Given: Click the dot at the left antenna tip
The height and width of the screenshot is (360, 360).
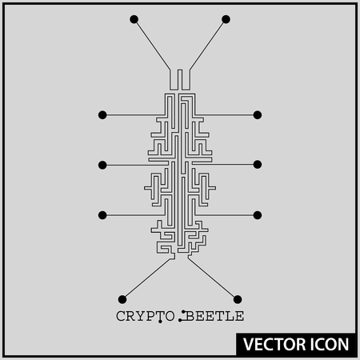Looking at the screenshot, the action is [x=134, y=19].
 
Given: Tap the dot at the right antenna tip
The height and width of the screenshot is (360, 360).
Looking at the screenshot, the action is [x=226, y=19].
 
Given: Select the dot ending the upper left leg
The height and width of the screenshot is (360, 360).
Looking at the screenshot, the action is [x=102, y=115].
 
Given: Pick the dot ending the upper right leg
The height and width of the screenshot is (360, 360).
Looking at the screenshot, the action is [x=258, y=115].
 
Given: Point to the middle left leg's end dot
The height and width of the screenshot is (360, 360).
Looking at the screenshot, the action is [x=102, y=165].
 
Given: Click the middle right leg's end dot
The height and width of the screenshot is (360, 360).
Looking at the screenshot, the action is [x=258, y=165].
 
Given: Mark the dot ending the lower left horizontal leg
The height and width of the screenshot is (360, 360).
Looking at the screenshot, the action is [x=102, y=215].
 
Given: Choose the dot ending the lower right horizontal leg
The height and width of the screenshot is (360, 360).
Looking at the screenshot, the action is [x=258, y=215].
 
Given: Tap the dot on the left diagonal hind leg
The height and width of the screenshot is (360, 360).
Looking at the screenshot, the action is [x=122, y=299].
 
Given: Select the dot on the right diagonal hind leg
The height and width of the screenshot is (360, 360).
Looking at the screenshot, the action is [x=238, y=299].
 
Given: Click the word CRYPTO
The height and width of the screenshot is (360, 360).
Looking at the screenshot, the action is [x=146, y=316].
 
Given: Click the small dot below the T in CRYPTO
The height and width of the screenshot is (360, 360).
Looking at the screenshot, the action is [x=160, y=322].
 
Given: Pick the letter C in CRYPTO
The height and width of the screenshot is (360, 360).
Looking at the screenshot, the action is [x=121, y=316].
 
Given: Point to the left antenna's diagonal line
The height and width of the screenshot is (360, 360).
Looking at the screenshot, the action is [x=152, y=45].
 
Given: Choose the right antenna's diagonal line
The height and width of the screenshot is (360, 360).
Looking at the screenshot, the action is [x=208, y=45].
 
